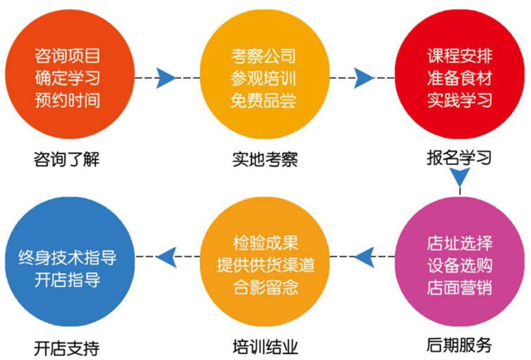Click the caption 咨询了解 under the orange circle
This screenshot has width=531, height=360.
[x=67, y=159]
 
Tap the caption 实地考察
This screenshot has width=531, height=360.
[x=265, y=159]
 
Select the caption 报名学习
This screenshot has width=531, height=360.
[x=459, y=158]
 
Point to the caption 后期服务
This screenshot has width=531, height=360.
[x=459, y=346]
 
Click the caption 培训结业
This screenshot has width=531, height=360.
[x=265, y=347]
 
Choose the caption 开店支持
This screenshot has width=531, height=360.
[x=67, y=348]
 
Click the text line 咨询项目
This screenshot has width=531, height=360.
[x=67, y=56]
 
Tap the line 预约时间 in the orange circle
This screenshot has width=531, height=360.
[x=67, y=101]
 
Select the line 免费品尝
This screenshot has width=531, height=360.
[x=263, y=101]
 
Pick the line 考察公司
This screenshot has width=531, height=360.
[x=263, y=56]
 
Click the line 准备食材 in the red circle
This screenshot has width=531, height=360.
[x=459, y=78]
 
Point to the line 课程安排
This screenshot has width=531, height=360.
[x=459, y=56]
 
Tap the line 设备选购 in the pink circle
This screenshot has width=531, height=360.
[x=459, y=265]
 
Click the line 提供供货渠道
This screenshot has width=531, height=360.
[x=265, y=265]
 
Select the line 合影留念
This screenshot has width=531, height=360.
[x=265, y=287]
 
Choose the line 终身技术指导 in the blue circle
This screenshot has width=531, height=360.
[x=67, y=257]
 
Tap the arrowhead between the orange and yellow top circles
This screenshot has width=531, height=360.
[x=166, y=78]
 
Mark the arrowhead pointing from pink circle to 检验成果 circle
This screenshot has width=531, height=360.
[x=364, y=257]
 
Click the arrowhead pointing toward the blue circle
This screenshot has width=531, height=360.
[x=166, y=257]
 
